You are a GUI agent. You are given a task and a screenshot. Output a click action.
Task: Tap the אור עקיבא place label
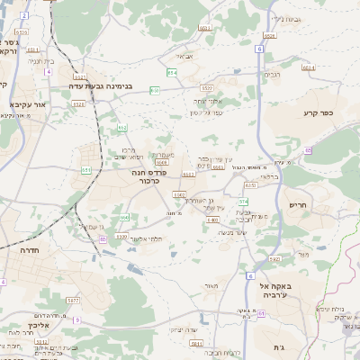[x=27, y=104]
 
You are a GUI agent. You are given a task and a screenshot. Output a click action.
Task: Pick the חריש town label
[x=300, y=205]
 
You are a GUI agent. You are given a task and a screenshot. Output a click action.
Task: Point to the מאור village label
[x=212, y=285]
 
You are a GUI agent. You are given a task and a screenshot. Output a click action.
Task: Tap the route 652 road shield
[x=122, y=128]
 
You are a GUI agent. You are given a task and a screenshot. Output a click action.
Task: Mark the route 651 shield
[x=86, y=169]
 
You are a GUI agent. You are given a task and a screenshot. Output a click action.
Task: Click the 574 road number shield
[x=244, y=201]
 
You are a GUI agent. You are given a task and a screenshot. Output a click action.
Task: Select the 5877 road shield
[x=73, y=300]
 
